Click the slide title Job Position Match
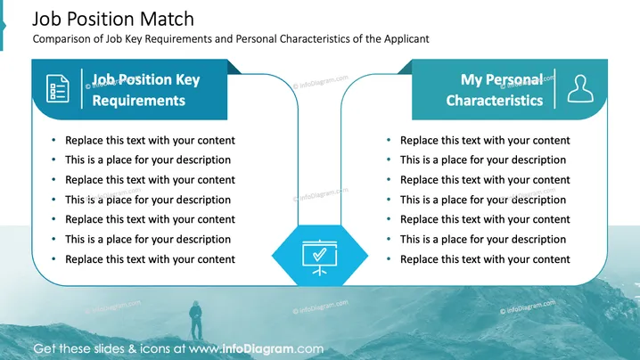point(113,20)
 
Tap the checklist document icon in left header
point(58,88)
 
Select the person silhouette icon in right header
point(580,88)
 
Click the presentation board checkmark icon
point(320,258)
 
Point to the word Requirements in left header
point(139,101)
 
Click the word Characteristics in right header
point(495,101)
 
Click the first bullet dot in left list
point(53,140)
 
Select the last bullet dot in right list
point(389,258)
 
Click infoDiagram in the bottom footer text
point(258,349)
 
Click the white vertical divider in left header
point(82,88)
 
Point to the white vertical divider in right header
point(554,88)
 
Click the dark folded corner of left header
point(233,68)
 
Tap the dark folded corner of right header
point(406,68)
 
